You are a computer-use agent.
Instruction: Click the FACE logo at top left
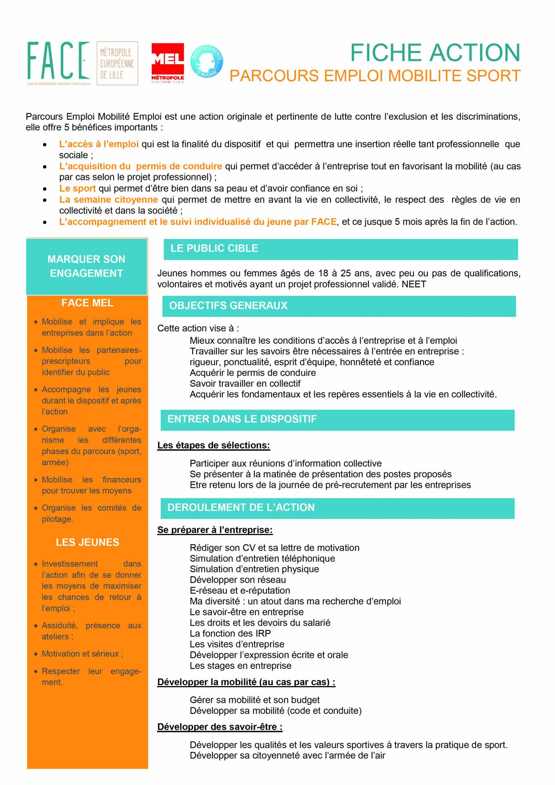click(x=58, y=62)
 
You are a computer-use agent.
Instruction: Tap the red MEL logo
click(x=168, y=63)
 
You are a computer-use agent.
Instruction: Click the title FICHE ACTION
click(x=435, y=53)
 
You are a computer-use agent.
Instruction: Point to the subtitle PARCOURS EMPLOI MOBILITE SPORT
click(x=375, y=76)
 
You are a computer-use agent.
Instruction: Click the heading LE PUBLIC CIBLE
click(x=214, y=249)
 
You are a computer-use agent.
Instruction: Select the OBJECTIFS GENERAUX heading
click(x=228, y=306)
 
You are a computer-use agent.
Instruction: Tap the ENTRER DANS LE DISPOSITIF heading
click(x=242, y=419)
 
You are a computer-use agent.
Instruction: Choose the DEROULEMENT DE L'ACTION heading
click(x=241, y=507)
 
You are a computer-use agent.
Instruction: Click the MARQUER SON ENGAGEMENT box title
click(x=86, y=266)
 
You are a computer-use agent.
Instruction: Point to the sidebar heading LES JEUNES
click(x=88, y=542)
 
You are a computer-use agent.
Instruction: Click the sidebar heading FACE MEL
click(x=87, y=303)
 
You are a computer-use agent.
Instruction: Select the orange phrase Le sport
click(x=77, y=188)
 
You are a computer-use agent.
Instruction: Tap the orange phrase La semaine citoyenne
click(x=108, y=200)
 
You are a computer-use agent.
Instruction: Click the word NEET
click(x=414, y=284)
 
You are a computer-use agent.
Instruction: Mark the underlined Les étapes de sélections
click(x=213, y=445)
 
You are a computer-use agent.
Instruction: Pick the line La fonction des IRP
click(x=230, y=633)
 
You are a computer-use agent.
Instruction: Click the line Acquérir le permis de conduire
click(x=252, y=373)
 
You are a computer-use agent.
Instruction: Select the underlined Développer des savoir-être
click(x=220, y=727)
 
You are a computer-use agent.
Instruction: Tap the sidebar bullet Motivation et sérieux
click(x=82, y=654)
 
